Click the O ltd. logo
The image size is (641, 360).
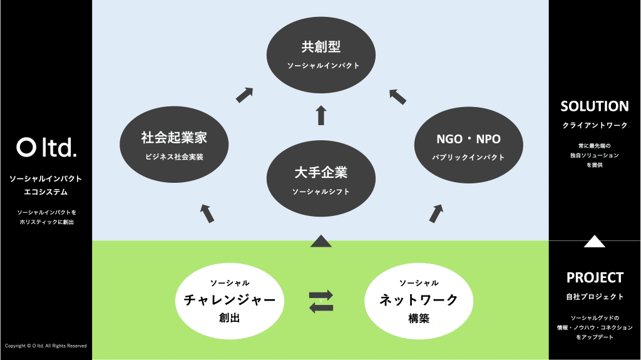tap(46, 148)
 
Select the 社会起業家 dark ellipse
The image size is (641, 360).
tap(173, 145)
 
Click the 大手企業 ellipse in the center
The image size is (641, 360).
tap(321, 179)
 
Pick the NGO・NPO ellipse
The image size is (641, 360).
tap(468, 145)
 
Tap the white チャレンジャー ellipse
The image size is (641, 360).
tap(230, 300)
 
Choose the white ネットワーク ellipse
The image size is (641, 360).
tap(419, 300)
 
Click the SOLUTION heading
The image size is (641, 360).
tap(594, 106)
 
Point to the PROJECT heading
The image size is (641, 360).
tap(594, 277)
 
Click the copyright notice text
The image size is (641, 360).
tap(46, 346)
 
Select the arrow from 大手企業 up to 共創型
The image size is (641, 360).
tap(321, 115)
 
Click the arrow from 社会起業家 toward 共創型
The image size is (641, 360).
tap(244, 95)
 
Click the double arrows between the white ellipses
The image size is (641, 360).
tap(321, 301)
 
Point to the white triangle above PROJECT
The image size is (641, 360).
tap(594, 241)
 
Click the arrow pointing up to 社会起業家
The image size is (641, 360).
tap(207, 213)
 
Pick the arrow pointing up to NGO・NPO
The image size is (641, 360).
tap(436, 213)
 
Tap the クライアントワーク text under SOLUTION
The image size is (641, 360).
tap(594, 126)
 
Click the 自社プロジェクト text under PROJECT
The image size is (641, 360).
tap(594, 297)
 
